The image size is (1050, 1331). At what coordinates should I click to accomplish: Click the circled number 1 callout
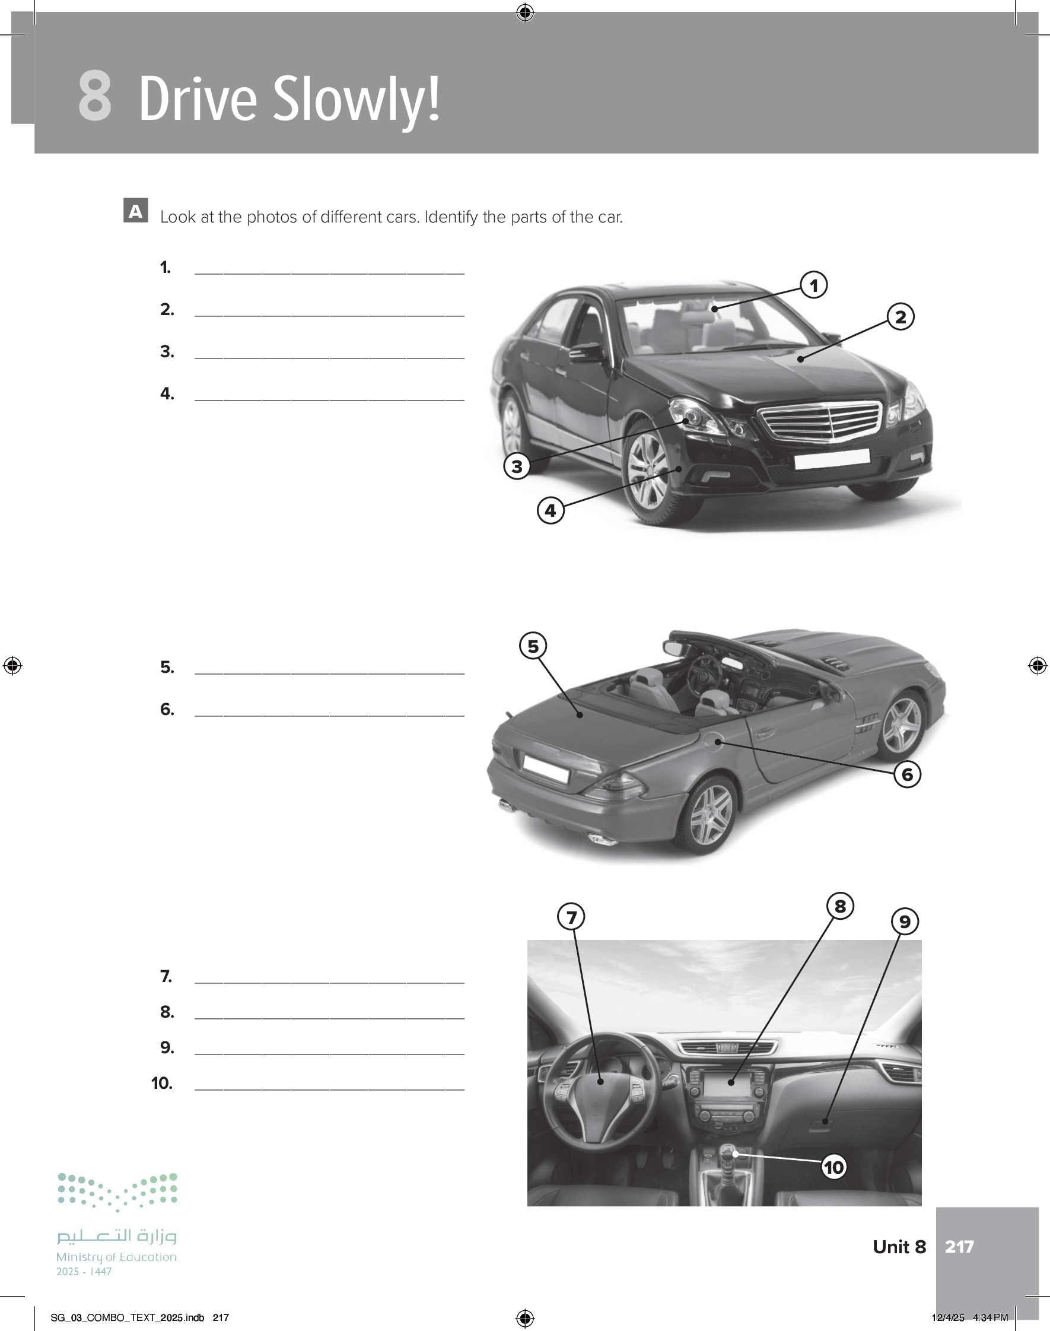[x=814, y=285]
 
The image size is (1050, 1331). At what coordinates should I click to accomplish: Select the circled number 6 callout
[x=907, y=774]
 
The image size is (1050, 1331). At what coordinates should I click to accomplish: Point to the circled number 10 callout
[x=833, y=1167]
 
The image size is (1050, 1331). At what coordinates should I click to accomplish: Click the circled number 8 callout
[x=840, y=906]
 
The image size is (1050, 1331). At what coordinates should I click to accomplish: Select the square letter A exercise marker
[x=136, y=210]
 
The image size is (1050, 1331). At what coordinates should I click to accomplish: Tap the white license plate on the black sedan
[x=831, y=459]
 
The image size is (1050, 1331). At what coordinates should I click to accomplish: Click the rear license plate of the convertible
[x=546, y=768]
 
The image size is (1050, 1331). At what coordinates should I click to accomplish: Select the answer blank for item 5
[x=329, y=674]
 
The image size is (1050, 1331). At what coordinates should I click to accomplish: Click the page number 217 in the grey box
[x=959, y=1246]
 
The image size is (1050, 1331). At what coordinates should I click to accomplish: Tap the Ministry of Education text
[x=116, y=1257]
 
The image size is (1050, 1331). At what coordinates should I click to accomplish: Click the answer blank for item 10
[x=329, y=1089]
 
